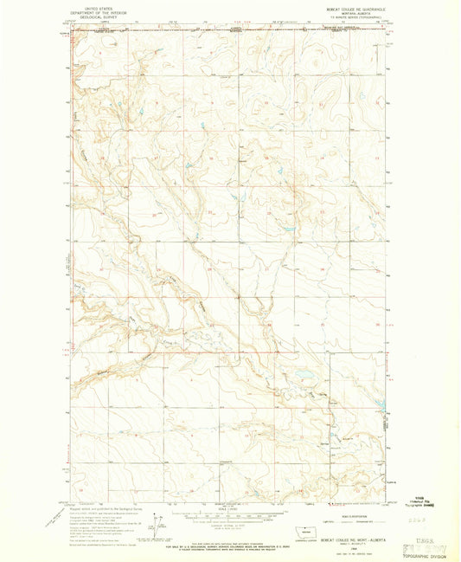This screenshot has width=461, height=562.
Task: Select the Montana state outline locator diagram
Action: click(302, 529)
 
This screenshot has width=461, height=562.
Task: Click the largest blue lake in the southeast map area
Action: click(304, 377)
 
